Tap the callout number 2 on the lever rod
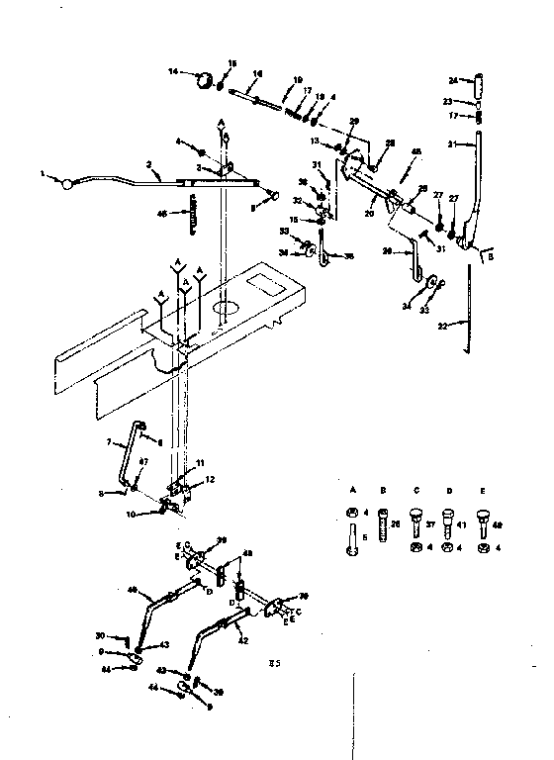click(x=148, y=166)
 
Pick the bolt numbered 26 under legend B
click(x=382, y=523)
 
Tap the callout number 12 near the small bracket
click(x=210, y=480)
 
